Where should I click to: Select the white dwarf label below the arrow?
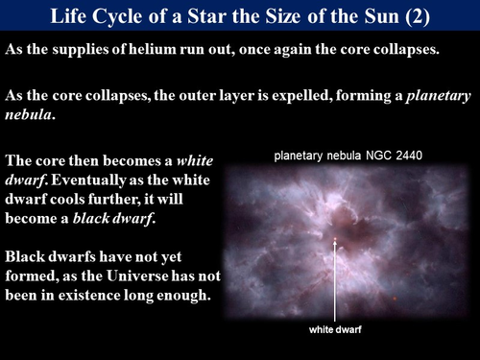pos(334,330)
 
